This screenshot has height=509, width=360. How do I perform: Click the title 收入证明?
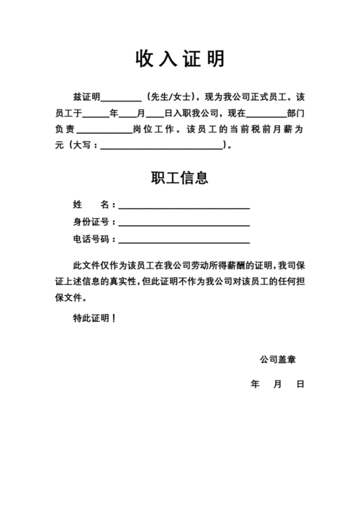[180, 58]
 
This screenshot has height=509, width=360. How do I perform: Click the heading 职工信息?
[180, 177]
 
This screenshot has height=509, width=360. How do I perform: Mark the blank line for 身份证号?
[184, 225]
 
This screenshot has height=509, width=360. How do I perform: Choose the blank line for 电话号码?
[184, 243]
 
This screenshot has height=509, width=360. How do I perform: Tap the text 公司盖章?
[279, 359]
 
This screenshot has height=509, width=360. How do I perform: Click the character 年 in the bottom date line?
[254, 384]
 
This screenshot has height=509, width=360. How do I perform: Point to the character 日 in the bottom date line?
[300, 384]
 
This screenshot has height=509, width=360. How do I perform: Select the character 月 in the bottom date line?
[277, 384]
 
